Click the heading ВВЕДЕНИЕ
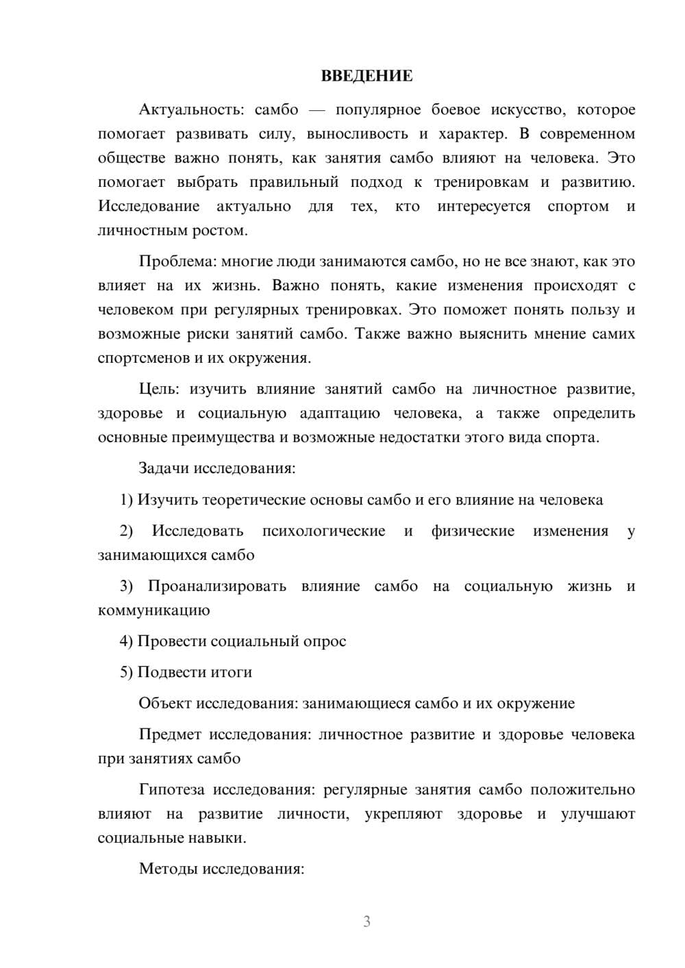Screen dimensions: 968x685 click(367, 76)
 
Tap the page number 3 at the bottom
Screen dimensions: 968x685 click(367, 921)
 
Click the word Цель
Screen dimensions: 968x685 click(159, 389)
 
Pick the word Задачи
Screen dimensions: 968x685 click(164, 469)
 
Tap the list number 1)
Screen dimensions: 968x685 click(127, 500)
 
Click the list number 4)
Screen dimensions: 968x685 click(127, 641)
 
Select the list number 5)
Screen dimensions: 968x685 click(127, 672)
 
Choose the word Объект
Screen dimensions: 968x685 click(165, 704)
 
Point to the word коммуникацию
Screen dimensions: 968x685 click(154, 611)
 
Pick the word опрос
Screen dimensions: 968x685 click(324, 641)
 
